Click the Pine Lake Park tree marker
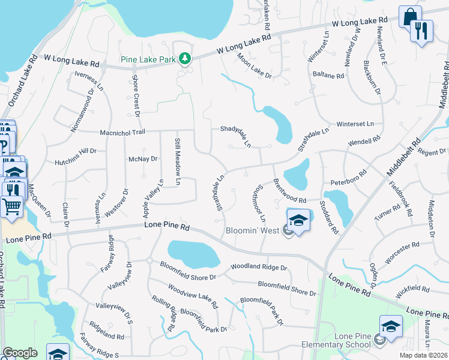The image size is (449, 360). coord(186,59)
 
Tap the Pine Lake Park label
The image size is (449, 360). coord(155,59)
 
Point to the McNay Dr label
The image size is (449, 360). coord(143,159)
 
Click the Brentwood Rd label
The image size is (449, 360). coord(289,192)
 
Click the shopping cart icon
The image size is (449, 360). coord(12,208)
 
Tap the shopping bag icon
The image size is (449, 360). coord(410,16)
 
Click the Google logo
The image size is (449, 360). coord(20,353)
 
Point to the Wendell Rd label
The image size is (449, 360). coord(364,142)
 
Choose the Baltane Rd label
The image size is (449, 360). coord(328,76)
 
